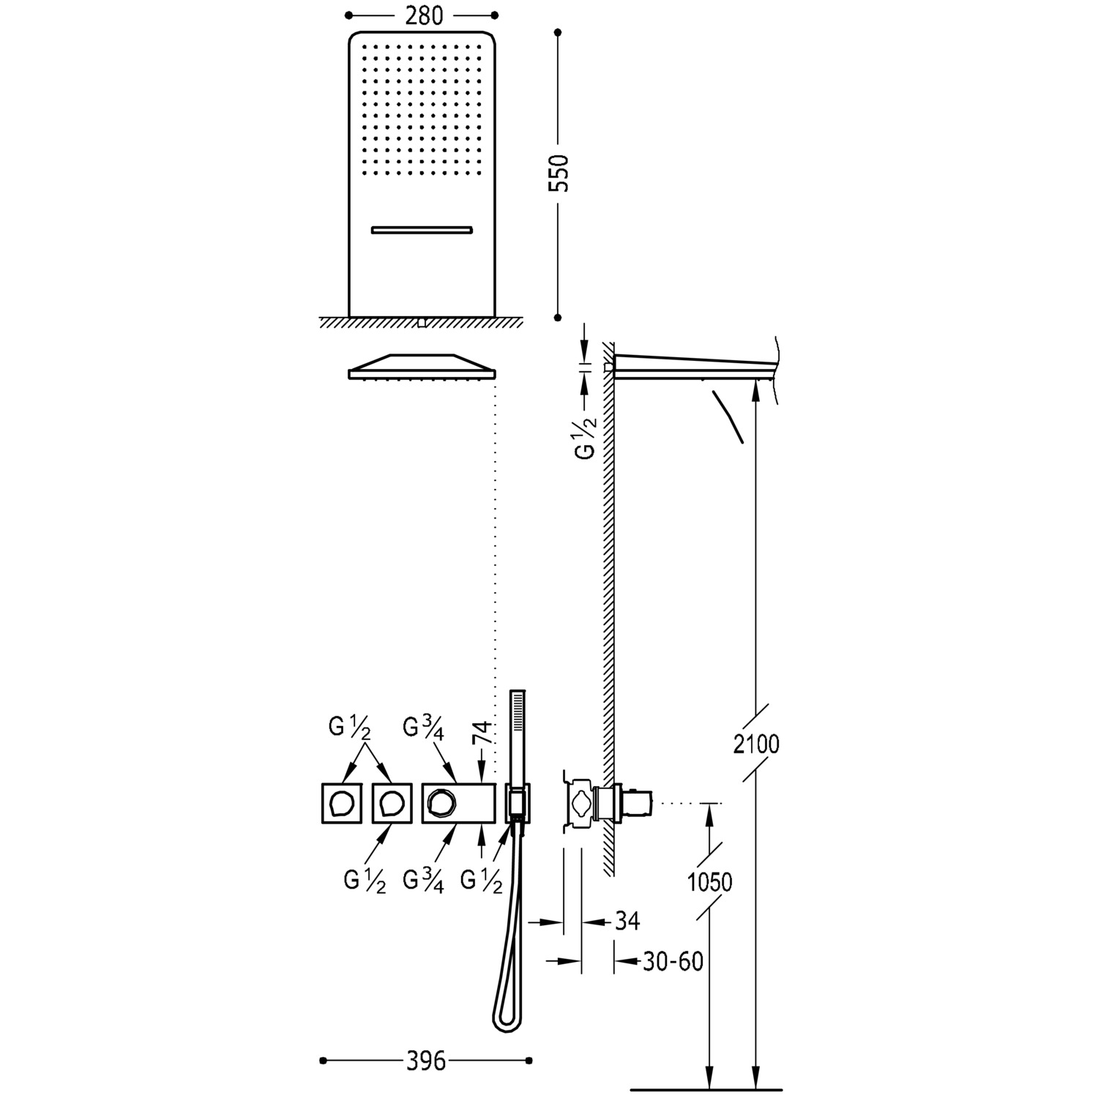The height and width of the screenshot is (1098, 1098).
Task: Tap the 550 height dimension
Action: point(559,173)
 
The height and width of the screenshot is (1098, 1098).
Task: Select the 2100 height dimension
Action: point(757,744)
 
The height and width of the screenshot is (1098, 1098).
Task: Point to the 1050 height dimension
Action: point(710,882)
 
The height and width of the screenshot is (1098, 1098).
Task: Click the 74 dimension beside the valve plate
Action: point(481,734)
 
